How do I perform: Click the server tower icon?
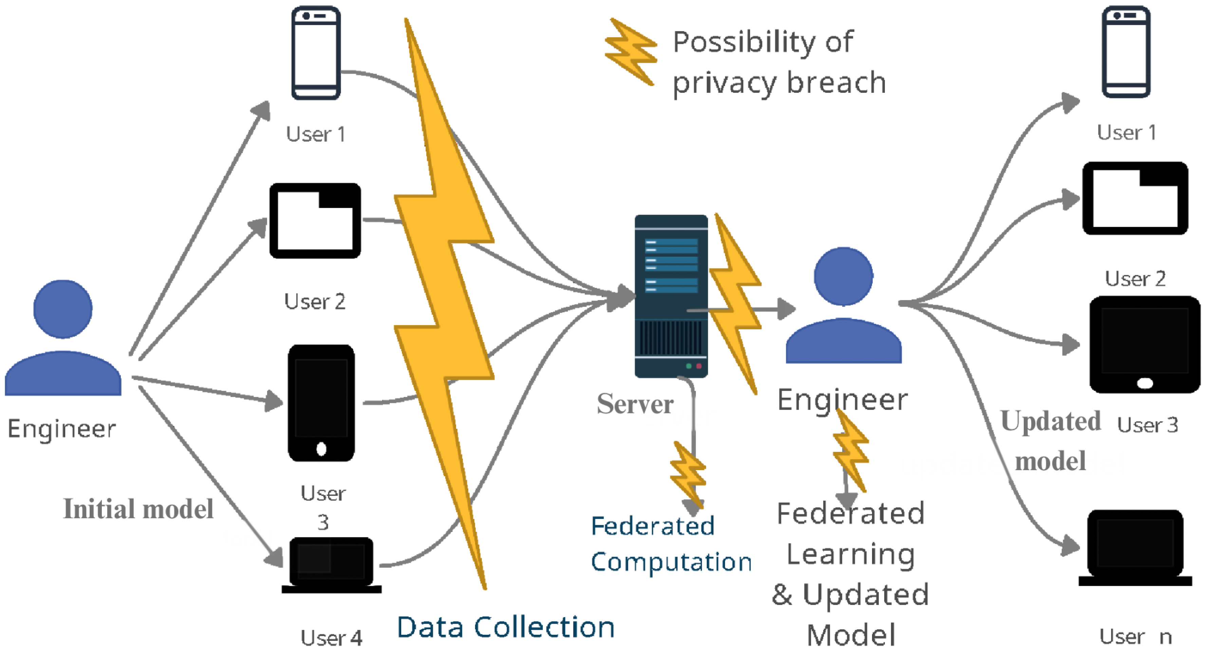tap(671, 296)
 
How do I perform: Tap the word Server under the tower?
tap(635, 404)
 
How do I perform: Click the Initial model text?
tap(138, 509)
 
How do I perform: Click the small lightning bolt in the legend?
tap(631, 52)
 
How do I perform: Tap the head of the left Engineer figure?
tap(63, 309)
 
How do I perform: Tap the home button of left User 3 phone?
tap(321, 449)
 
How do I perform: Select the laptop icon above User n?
tap(1135, 547)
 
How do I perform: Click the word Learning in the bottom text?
tap(850, 554)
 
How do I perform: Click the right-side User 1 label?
tap(1126, 133)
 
